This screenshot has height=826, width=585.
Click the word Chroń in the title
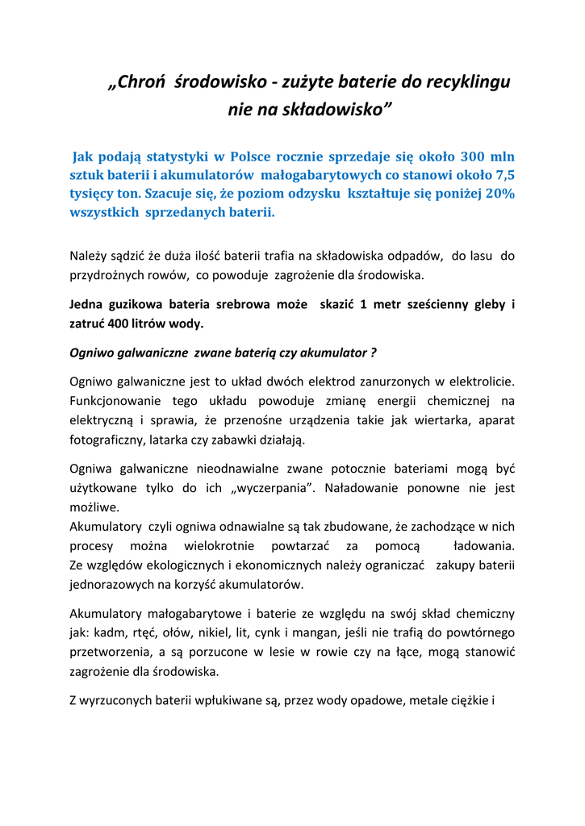[x=140, y=82]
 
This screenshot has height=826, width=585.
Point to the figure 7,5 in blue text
[x=504, y=175]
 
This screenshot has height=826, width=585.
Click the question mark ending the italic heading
[x=373, y=353]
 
